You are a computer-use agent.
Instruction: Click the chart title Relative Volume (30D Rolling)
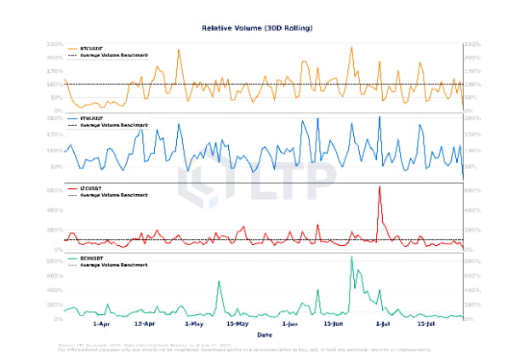coord(257,28)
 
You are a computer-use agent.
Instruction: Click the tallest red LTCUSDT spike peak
coord(380,186)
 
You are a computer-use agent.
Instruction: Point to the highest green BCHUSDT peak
coord(351,256)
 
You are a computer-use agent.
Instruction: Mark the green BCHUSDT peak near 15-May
coord(219,281)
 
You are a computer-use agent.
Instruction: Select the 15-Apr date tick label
coord(145,324)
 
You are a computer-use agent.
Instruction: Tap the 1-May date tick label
coord(195,324)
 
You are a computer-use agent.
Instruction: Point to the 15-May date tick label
coord(238,324)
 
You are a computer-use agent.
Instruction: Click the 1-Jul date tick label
coord(382,324)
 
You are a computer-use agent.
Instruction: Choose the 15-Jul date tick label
coord(426,324)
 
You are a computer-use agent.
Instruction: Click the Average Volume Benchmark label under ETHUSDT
coord(114,125)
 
